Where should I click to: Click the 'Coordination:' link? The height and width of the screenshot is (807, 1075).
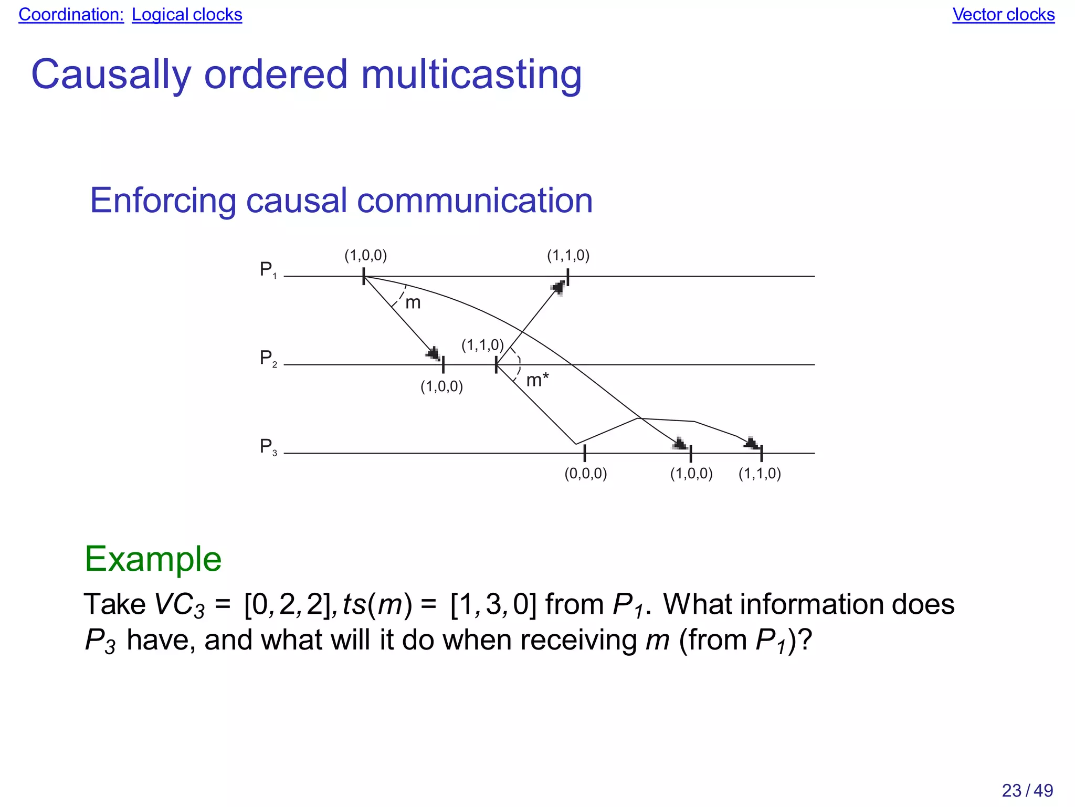click(71, 15)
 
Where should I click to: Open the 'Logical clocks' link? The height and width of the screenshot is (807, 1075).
click(187, 15)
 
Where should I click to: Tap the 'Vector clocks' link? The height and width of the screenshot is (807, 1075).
click(1003, 15)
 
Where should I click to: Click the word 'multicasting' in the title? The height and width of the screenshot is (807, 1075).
click(471, 75)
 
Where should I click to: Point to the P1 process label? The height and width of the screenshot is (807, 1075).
click(268, 270)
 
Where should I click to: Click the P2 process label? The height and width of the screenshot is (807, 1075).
click(268, 359)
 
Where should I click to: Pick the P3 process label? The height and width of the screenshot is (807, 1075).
click(268, 447)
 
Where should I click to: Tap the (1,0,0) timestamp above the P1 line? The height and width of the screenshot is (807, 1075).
click(365, 256)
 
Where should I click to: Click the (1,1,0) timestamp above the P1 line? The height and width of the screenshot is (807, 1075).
click(568, 256)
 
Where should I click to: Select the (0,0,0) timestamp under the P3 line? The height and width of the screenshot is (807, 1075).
click(585, 474)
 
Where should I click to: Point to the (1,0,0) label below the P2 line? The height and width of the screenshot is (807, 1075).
click(441, 387)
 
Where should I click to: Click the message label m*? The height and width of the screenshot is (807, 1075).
click(537, 380)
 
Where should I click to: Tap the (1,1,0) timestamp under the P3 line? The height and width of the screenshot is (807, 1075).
click(760, 474)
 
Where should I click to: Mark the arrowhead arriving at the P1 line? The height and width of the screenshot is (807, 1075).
click(558, 287)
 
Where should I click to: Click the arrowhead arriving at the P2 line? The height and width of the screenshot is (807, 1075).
click(434, 353)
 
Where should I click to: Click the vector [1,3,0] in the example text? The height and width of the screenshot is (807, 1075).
click(493, 604)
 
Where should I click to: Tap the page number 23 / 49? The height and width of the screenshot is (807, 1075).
click(1027, 790)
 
